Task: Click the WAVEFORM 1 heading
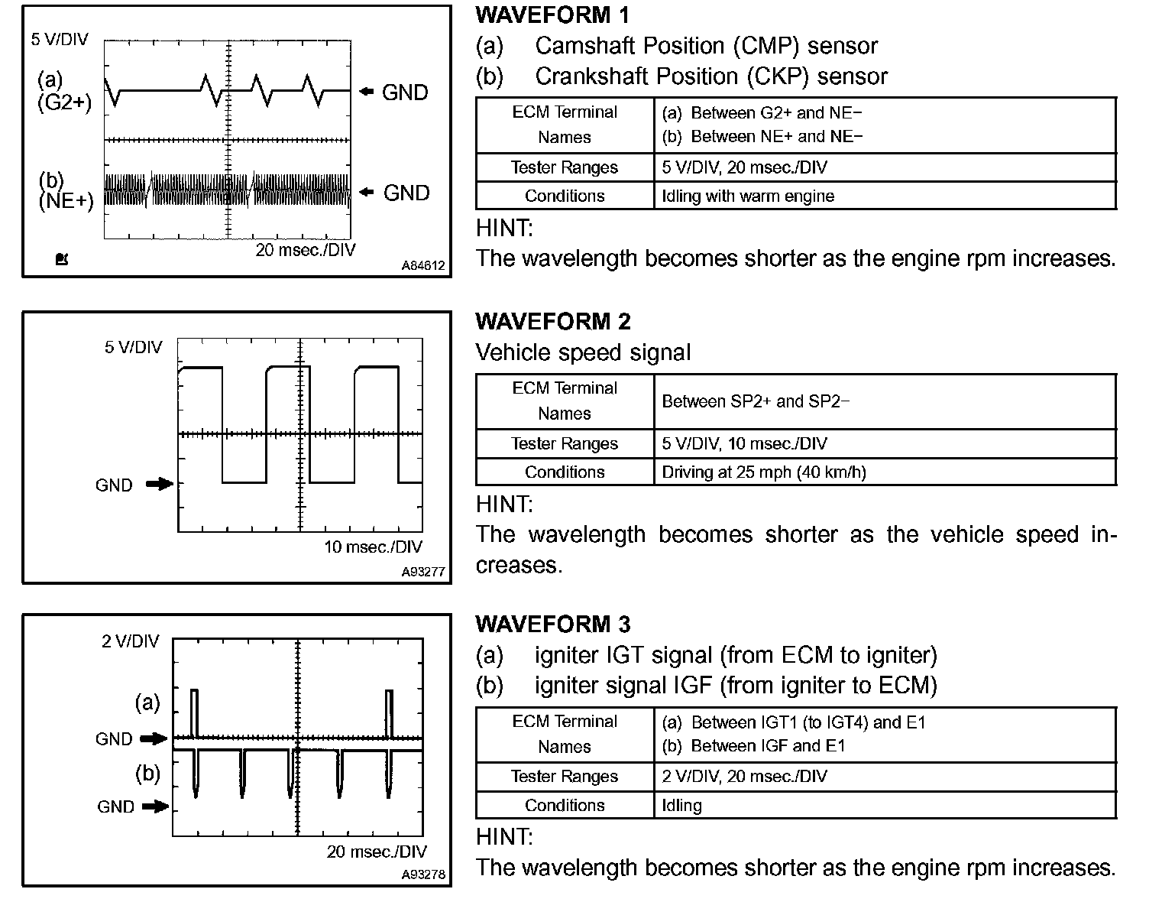[552, 15]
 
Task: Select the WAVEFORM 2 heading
[553, 322]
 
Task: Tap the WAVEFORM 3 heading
[553, 625]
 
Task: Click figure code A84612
[422, 266]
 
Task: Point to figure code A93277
[422, 572]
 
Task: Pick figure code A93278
[422, 875]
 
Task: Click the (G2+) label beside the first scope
[64, 102]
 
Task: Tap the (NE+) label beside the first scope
[66, 201]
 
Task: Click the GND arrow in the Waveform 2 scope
[160, 484]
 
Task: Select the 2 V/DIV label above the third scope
[131, 641]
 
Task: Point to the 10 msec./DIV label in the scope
[373, 547]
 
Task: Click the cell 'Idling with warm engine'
[747, 196]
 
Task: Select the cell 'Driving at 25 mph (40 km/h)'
[763, 472]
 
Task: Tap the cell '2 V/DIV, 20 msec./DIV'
[744, 777]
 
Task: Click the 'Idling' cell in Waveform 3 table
[681, 806]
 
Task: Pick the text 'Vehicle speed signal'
[582, 352]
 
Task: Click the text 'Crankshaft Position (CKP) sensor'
[710, 76]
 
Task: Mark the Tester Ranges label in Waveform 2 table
[564, 444]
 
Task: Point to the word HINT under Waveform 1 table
[504, 228]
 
